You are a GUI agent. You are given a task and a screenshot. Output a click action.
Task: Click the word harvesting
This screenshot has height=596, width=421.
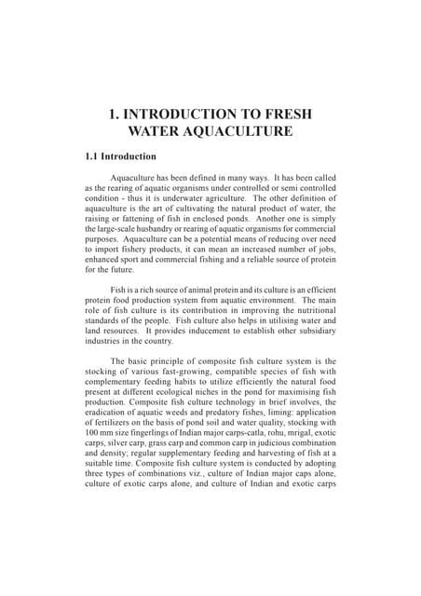tap(265, 461)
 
